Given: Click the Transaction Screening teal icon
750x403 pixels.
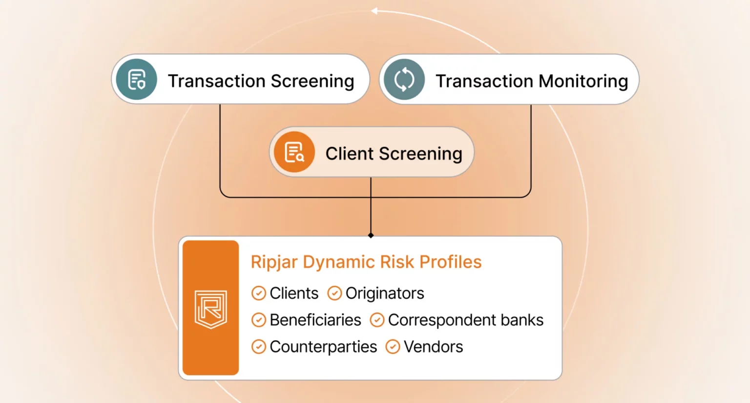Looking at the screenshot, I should coord(137,79).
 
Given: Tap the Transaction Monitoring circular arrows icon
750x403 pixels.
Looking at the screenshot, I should coord(404,79).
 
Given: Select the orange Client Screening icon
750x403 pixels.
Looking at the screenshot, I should coord(294,152).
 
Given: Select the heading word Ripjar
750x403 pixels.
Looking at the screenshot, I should coord(274,262).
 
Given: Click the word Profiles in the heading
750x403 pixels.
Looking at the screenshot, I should coord(450,262).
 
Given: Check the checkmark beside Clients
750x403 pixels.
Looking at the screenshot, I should coord(258,293).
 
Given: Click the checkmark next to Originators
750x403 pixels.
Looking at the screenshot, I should coord(334,293).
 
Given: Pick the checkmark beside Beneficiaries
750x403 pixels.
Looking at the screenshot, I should coord(258,320).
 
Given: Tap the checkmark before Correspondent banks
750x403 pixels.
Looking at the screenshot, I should coord(377,320).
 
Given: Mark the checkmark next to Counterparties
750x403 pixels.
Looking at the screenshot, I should coord(258,347).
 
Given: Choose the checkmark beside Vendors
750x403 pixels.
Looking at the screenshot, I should coord(393,347).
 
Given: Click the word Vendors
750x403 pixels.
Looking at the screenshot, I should coord(433,347).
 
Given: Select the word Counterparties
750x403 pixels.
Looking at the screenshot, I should coord(323,347).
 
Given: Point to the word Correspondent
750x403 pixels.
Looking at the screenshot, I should coord(441,320).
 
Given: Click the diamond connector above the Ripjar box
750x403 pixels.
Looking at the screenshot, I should coord(371,235).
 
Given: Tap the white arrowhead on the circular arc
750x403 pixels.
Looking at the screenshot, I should coord(375,11).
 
